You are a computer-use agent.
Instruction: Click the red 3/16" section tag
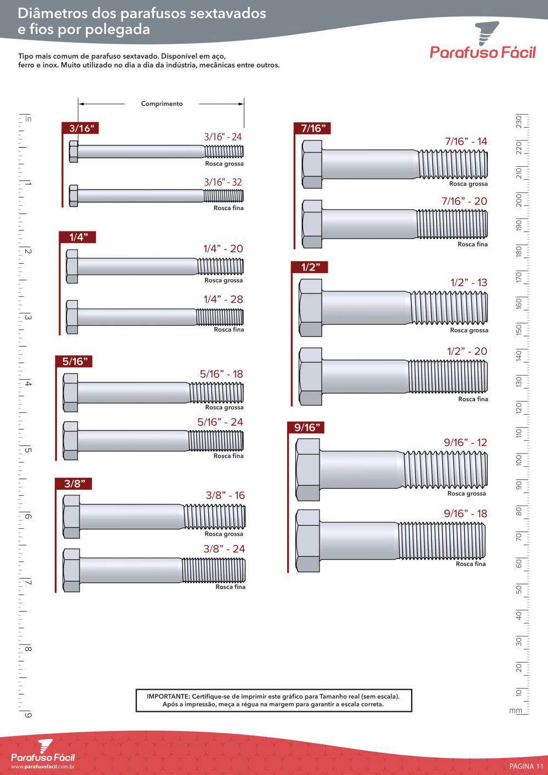[80, 128]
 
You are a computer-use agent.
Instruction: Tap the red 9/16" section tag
[306, 428]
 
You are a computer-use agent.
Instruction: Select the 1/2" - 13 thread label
[469, 282]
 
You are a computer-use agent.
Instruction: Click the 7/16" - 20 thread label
[464, 201]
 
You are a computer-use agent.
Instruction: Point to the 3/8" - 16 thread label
[225, 495]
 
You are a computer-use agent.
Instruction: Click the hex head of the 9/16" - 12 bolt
[308, 469]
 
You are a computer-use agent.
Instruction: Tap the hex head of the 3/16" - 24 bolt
[73, 151]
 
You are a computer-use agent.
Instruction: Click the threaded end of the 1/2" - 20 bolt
[448, 376]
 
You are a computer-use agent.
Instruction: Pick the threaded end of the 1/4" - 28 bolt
[220, 317]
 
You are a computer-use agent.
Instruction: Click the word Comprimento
[162, 104]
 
